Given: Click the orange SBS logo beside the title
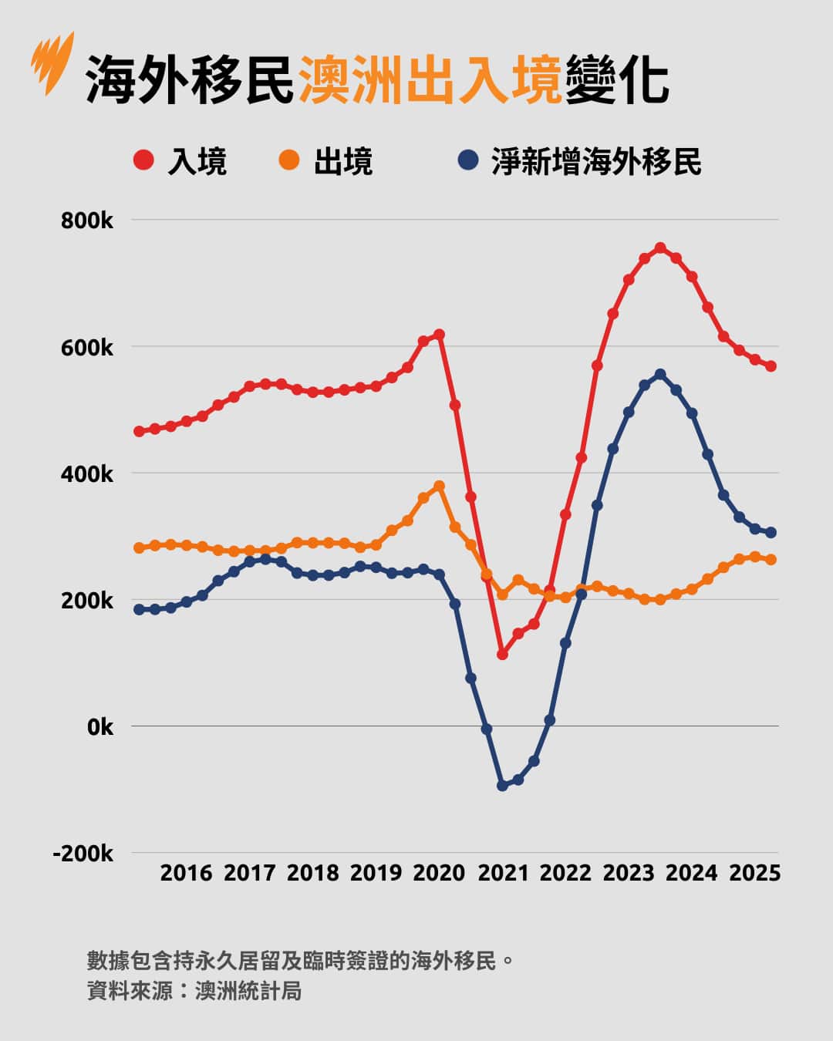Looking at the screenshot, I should pyautogui.click(x=53, y=62).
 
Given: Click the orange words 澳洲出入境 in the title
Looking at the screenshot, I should pyautogui.click(x=430, y=79).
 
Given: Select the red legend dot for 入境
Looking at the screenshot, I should pyautogui.click(x=143, y=160).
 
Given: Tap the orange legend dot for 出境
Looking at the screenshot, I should pyautogui.click(x=288, y=160).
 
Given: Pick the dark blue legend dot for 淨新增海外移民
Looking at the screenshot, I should pyautogui.click(x=467, y=160).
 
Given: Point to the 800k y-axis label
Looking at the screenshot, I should pyautogui.click(x=87, y=221).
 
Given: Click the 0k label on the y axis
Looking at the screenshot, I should pyautogui.click(x=100, y=727).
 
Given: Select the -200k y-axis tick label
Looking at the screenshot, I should pyautogui.click(x=83, y=854).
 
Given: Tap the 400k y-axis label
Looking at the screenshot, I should pyautogui.click(x=87, y=474).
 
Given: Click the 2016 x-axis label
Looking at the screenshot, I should pyautogui.click(x=186, y=873).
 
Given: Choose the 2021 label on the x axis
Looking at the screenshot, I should pyautogui.click(x=503, y=873).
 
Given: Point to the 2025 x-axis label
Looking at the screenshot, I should pyautogui.click(x=755, y=873).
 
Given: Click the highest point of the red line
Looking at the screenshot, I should pyautogui.click(x=660, y=248).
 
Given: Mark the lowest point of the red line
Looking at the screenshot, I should pyautogui.click(x=502, y=654).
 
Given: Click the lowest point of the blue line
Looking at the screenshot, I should pyautogui.click(x=502, y=785).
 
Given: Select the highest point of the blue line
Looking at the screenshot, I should pyautogui.click(x=660, y=375).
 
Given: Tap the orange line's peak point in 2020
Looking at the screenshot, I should pyautogui.click(x=440, y=487).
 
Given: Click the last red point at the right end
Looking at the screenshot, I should pyautogui.click(x=771, y=366).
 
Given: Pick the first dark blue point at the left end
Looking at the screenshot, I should pyautogui.click(x=139, y=609).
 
